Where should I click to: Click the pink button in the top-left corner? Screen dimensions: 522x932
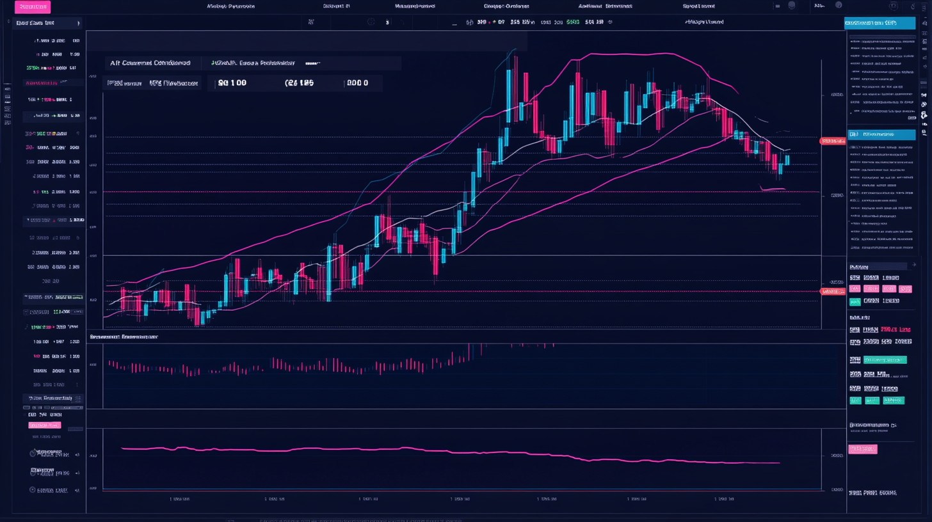[x=32, y=7]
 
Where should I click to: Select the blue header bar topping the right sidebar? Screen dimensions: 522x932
[x=880, y=23]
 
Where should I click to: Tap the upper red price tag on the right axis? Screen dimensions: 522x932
[x=832, y=140]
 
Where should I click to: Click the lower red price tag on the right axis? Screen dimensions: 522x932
[x=832, y=292]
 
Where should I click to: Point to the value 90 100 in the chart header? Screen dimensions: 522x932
[x=232, y=83]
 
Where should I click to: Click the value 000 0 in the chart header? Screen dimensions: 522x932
[x=357, y=83]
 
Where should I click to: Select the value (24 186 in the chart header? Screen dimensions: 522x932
[x=300, y=83]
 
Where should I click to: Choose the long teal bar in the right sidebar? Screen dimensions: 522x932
[x=885, y=360]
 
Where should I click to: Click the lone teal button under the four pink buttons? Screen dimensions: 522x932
[x=855, y=301]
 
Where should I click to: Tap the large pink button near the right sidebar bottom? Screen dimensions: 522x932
[x=862, y=449]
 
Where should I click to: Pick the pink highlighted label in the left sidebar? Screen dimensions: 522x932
[x=44, y=425]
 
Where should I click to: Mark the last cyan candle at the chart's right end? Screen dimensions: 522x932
[x=787, y=160]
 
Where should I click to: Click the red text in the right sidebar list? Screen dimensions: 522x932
[x=896, y=329]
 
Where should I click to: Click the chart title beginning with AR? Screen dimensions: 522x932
[x=150, y=63]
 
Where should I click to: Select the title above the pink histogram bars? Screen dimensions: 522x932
[x=124, y=336]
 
